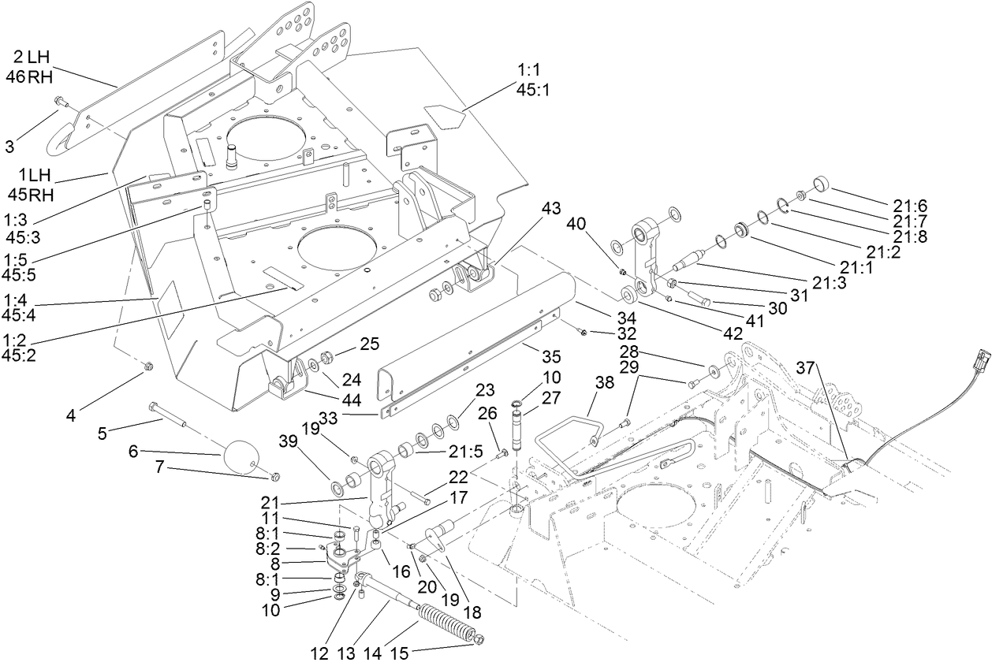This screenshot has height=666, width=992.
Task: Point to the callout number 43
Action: click(x=551, y=209)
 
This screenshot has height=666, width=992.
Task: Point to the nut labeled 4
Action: click(x=148, y=366)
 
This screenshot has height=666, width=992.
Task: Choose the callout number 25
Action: click(x=369, y=344)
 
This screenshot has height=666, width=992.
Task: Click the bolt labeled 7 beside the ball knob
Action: click(x=273, y=476)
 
